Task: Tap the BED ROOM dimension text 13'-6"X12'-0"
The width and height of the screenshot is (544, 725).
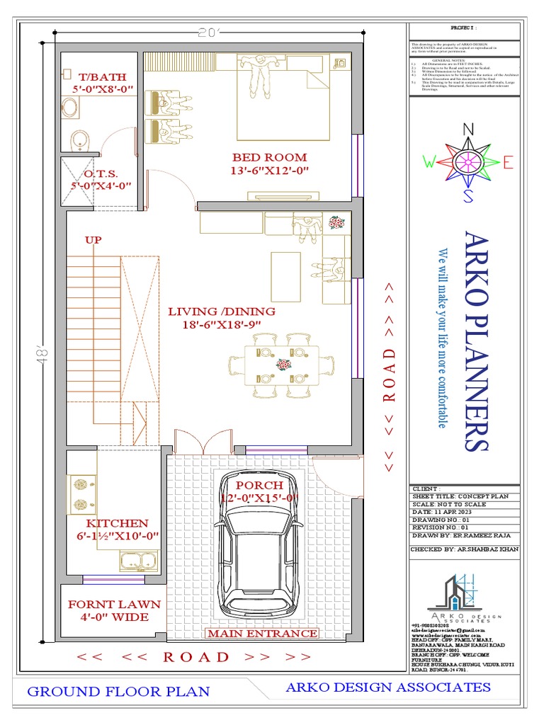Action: [x=269, y=171]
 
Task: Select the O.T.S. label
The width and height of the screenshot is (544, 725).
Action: [x=101, y=173]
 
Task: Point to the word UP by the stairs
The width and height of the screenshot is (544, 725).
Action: [x=93, y=239]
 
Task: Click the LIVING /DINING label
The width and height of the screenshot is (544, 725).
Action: [x=221, y=311]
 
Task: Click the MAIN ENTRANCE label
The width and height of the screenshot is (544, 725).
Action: [x=262, y=633]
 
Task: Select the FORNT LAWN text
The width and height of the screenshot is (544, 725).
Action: [x=114, y=605]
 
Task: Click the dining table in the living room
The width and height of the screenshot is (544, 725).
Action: [x=281, y=365]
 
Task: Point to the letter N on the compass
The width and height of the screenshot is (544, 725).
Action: [x=467, y=129]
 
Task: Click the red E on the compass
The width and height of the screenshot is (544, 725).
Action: [x=507, y=163]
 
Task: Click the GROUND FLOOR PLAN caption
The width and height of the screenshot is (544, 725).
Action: [x=118, y=691]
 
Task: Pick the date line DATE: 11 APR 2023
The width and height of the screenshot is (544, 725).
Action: [x=443, y=512]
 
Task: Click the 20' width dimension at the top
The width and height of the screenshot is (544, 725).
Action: [x=210, y=32]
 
